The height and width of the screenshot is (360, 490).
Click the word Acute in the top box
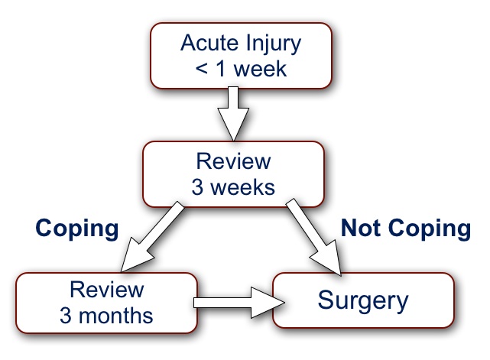(210, 43)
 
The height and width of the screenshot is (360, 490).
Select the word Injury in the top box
(273, 44)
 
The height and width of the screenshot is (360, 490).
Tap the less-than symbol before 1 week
(202, 69)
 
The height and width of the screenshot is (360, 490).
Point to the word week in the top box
(260, 69)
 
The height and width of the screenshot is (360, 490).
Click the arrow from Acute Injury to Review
(233, 113)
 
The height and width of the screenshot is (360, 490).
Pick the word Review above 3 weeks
(233, 161)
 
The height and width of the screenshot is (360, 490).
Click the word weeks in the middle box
(242, 187)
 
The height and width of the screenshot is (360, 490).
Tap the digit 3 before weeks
(197, 187)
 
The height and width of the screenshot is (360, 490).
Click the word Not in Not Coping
(361, 228)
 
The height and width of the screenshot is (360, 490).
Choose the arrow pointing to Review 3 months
(152, 237)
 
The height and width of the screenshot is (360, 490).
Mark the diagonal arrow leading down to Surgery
(313, 237)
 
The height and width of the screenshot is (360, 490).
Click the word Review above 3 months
(106, 290)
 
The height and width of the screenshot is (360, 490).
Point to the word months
(115, 316)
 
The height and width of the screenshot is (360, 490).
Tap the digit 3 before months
(65, 316)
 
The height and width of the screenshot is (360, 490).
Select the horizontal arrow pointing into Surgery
(239, 303)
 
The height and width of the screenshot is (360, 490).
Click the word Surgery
(363, 301)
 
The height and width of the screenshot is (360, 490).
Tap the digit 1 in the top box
(220, 69)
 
